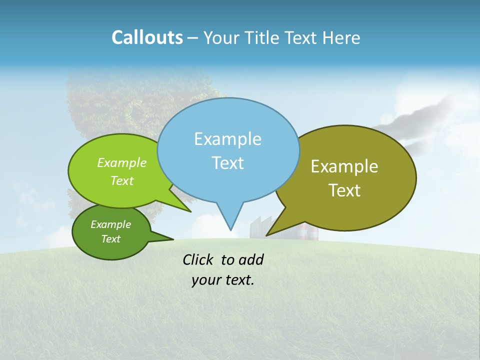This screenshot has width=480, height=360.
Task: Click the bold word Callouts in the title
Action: click(147, 37)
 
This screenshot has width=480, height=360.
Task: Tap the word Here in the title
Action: click(341, 38)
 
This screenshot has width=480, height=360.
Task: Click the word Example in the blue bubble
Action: click(227, 139)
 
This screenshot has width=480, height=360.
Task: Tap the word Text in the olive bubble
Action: click(344, 190)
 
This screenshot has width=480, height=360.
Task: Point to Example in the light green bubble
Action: click(121, 162)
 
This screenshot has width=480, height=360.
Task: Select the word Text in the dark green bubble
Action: click(110, 239)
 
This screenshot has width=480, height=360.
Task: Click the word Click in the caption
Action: click(198, 259)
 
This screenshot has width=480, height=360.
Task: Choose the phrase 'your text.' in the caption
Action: click(222, 280)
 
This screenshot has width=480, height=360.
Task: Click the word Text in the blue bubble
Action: click(227, 163)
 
